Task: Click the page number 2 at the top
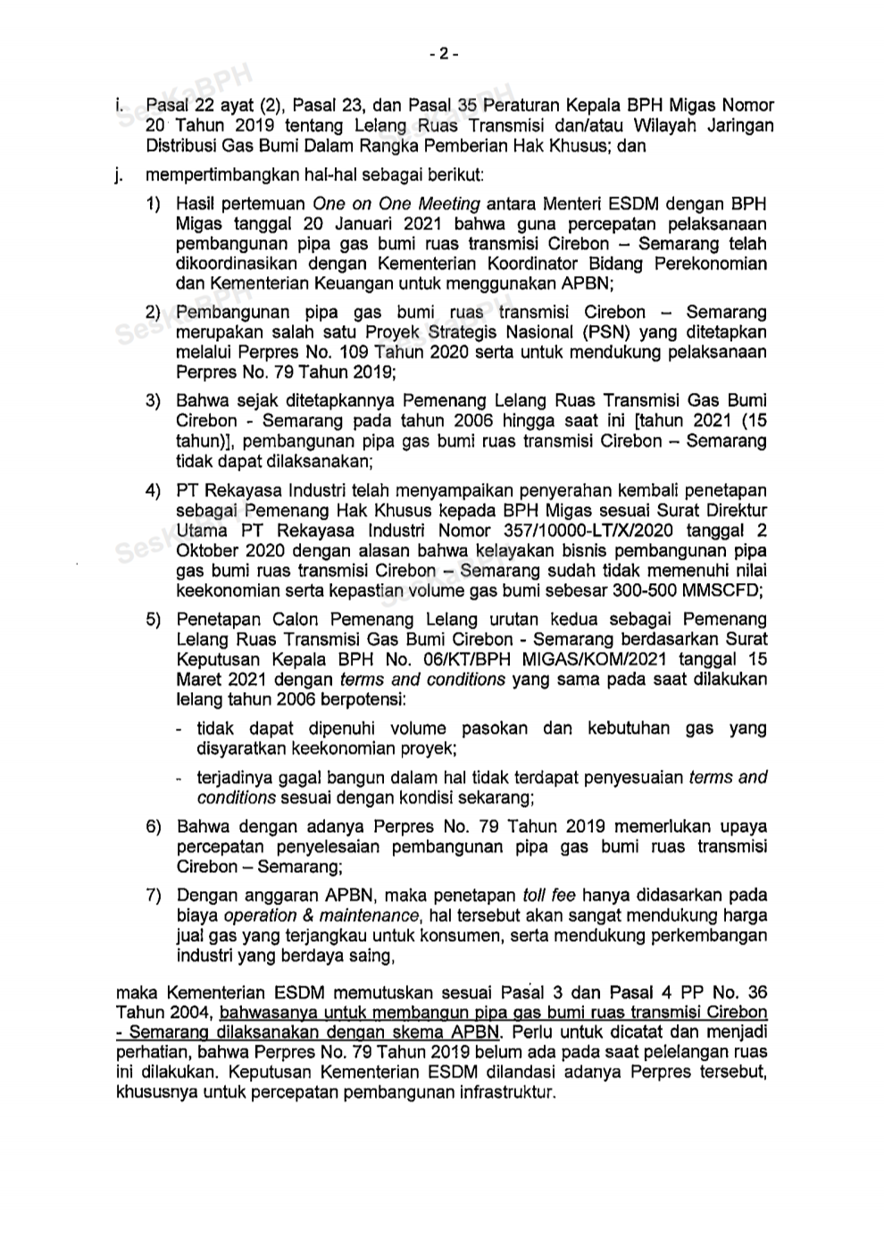coord(443,54)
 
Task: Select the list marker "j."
coord(118,176)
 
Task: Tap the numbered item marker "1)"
coord(154,205)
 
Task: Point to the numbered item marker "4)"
coord(154,491)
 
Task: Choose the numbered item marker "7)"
coord(154,895)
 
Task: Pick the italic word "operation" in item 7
coord(260,916)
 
